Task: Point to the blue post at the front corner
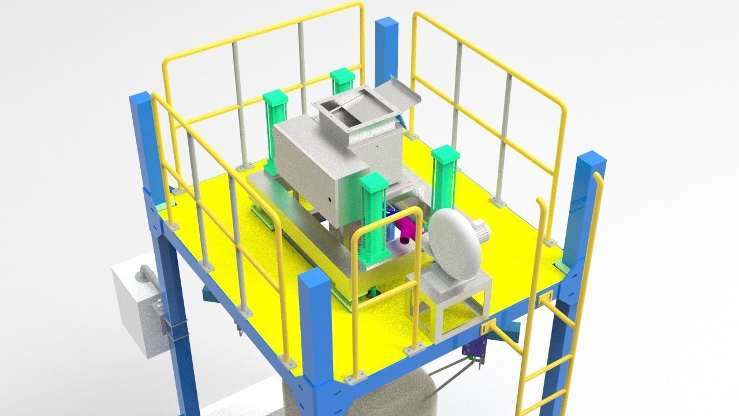(315, 335)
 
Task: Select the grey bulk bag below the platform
(358, 399)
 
